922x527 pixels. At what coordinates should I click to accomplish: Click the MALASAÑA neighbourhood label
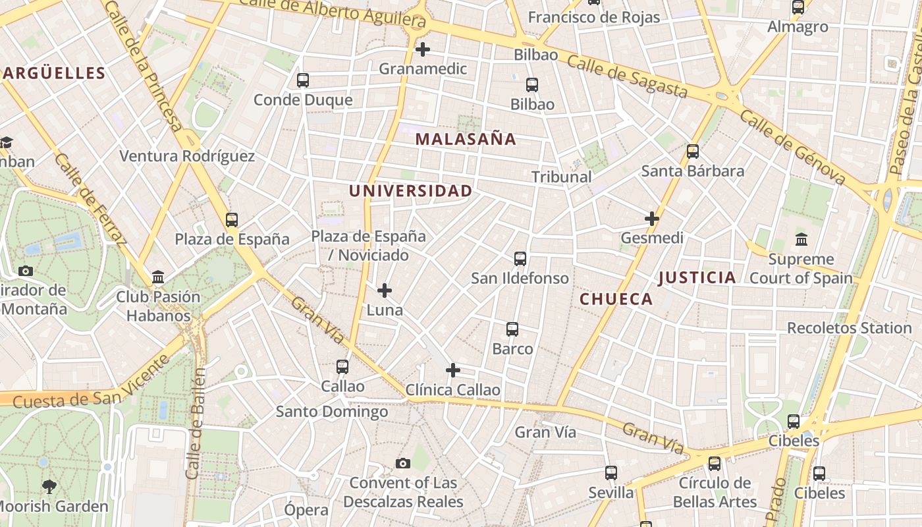466,139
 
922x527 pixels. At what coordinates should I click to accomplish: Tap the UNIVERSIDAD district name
410,191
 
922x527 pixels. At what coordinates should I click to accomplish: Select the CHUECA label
616,299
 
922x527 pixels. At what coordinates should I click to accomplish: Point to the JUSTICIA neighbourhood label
697,277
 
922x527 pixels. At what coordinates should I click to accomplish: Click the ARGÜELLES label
54,73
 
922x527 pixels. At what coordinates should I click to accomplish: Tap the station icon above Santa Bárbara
692,152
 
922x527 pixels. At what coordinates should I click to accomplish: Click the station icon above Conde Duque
303,80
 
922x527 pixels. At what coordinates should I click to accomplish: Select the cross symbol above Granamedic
423,49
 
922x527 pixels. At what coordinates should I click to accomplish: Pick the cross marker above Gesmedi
652,219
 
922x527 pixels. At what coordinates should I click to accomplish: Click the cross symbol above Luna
385,291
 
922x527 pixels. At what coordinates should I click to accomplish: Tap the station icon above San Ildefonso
520,259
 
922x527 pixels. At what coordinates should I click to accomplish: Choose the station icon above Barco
512,329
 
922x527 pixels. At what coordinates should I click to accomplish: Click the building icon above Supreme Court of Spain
801,239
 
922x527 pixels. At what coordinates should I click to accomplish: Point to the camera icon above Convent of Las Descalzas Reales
403,464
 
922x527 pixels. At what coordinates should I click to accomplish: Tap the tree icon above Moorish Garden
49,487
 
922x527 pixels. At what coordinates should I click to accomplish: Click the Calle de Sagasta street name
627,76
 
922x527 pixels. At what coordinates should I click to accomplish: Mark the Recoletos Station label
849,328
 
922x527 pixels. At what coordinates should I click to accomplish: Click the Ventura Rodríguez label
186,156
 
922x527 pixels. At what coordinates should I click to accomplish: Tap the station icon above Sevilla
611,472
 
